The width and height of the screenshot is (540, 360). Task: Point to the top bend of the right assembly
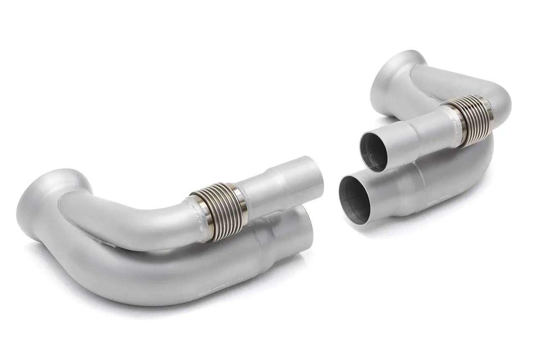point(498,93)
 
